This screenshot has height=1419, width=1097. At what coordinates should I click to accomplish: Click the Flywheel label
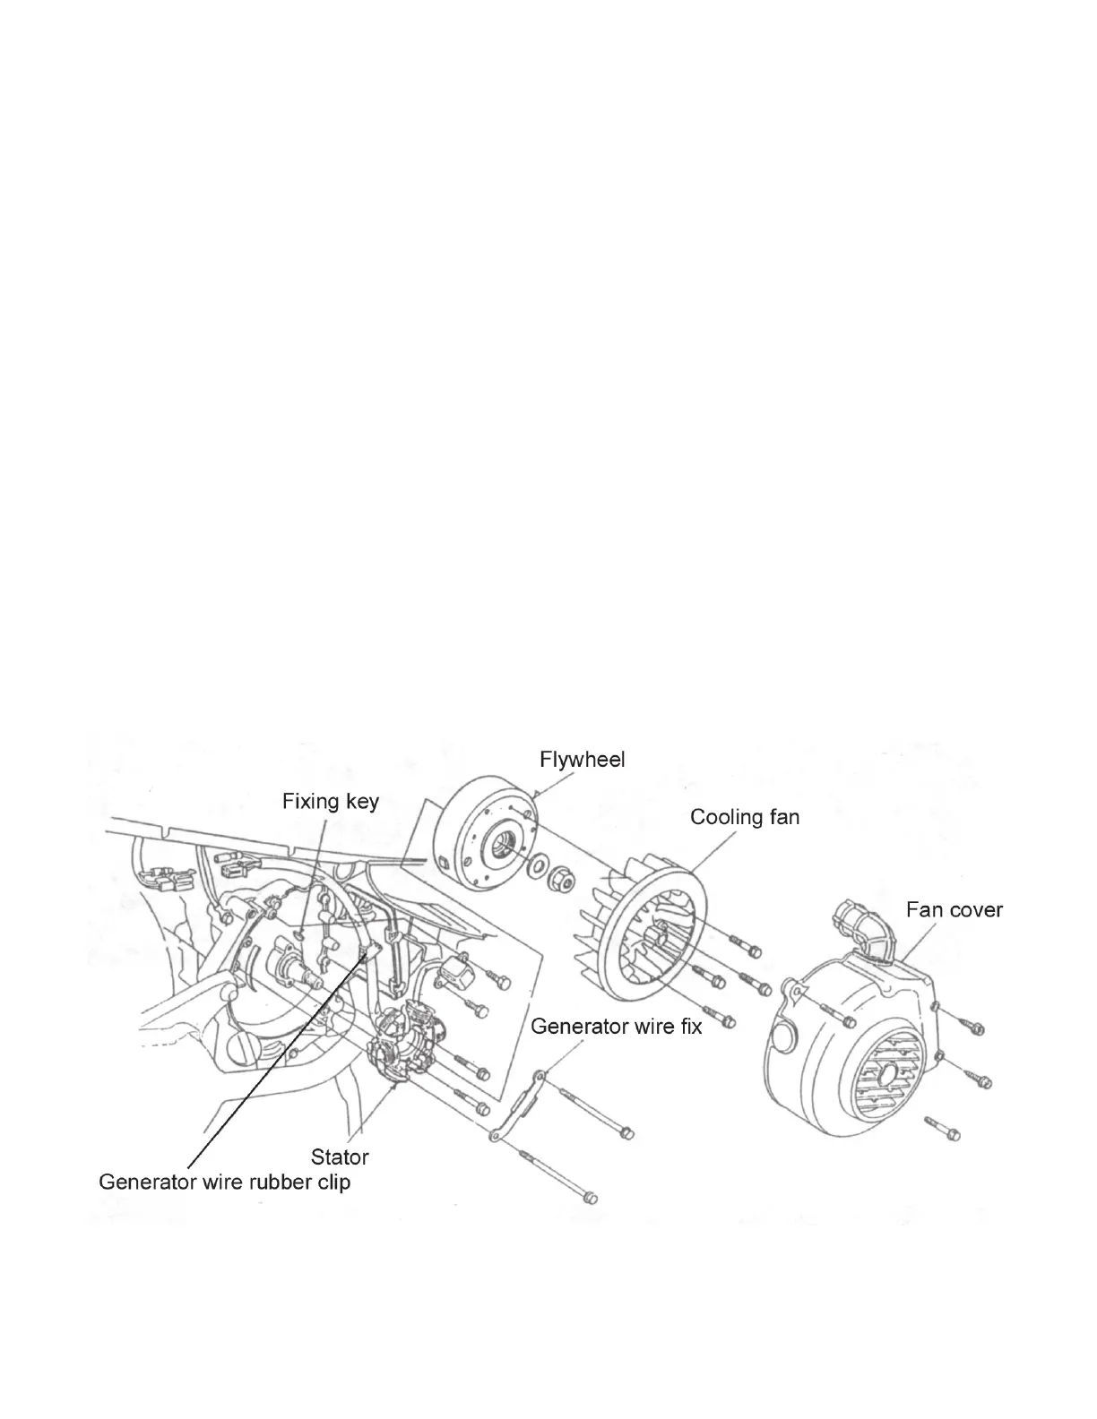click(582, 760)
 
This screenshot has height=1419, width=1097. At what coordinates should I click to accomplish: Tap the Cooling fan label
click(744, 817)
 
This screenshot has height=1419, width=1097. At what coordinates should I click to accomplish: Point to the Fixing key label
click(330, 801)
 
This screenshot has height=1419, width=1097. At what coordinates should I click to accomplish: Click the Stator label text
click(340, 1157)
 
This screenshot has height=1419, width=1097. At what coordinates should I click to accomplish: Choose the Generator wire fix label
click(616, 1026)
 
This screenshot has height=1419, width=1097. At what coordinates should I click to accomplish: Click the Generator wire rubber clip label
click(224, 1182)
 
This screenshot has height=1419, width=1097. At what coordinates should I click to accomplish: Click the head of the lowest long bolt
click(587, 1198)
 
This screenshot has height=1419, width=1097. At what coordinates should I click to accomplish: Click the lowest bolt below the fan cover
click(952, 1134)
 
